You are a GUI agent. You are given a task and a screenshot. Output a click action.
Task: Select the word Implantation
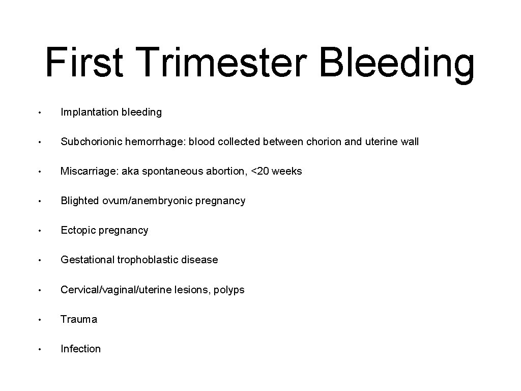click(90, 112)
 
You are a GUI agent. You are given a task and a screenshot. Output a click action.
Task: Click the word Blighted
click(80, 201)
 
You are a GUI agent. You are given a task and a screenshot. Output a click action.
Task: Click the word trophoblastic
click(150, 260)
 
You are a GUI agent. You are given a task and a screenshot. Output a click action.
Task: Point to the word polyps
click(229, 290)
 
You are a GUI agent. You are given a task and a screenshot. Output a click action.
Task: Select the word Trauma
click(79, 319)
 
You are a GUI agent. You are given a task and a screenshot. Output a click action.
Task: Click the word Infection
click(80, 349)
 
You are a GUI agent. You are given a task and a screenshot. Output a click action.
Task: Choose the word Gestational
click(88, 260)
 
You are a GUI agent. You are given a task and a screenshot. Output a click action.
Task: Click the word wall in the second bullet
click(409, 142)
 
